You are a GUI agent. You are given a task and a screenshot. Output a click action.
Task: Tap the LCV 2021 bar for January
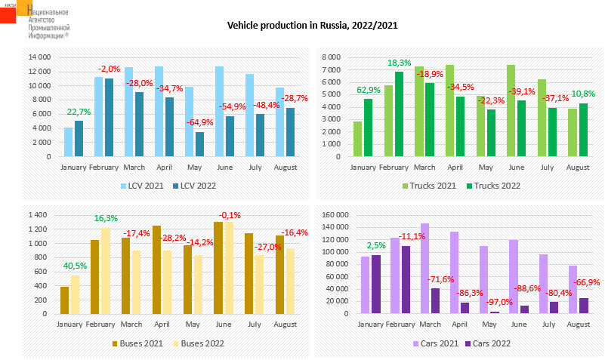point(69,143)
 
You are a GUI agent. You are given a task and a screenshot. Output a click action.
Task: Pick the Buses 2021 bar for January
point(65,300)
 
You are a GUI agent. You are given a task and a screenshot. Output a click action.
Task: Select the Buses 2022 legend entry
point(197,343)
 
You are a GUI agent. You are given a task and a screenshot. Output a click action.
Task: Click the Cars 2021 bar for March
point(424,269)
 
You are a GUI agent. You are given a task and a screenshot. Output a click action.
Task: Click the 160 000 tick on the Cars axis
point(335,216)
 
